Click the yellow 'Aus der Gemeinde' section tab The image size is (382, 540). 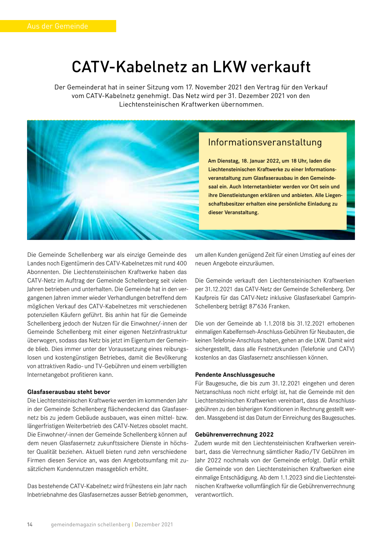[x=58, y=26]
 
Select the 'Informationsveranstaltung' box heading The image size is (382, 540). [x=265, y=142]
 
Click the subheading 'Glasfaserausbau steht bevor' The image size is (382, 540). [x=69, y=392]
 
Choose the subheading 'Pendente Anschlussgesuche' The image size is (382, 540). [x=235, y=375]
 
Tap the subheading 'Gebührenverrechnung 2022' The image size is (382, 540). [x=234, y=435]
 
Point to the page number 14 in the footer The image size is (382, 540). [x=30, y=524]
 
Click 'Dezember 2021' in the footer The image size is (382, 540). [x=154, y=524]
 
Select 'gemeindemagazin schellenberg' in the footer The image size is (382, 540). [x=90, y=524]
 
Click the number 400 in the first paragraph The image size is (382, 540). [x=181, y=263]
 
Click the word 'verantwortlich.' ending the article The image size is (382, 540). [x=214, y=495]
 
